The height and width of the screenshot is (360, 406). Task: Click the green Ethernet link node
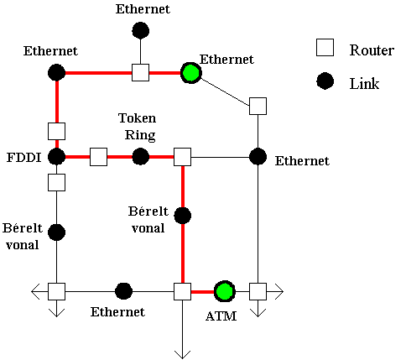tap(191, 73)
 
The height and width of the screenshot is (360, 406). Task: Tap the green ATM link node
tap(225, 291)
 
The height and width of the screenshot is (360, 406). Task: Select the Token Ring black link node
tap(140, 157)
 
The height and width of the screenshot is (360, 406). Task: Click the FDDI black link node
tap(57, 157)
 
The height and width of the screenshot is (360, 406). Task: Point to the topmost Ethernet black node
tap(140, 30)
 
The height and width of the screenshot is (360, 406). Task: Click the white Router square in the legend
tap(325, 48)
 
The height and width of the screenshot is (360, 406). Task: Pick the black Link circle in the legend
tap(325, 81)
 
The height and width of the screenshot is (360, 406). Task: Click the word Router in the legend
tap(372, 50)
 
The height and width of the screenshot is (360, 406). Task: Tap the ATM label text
tap(221, 316)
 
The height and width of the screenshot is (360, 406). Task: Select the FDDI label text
tap(24, 158)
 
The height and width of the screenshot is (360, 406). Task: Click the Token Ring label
tap(138, 127)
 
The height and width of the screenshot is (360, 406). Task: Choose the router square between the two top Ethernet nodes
tap(140, 72)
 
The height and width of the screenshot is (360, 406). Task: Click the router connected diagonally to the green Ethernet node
tap(258, 106)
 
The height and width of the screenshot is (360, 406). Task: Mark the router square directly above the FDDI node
tap(57, 131)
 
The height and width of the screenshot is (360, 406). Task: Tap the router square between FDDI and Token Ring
tap(98, 157)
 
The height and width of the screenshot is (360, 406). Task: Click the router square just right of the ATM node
tap(258, 291)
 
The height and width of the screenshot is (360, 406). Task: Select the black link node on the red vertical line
tap(183, 216)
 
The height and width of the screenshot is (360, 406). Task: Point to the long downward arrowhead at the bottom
tap(183, 354)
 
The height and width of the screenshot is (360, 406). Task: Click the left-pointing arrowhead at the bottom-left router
tap(35, 291)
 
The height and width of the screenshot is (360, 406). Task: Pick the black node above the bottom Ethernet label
tap(123, 291)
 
